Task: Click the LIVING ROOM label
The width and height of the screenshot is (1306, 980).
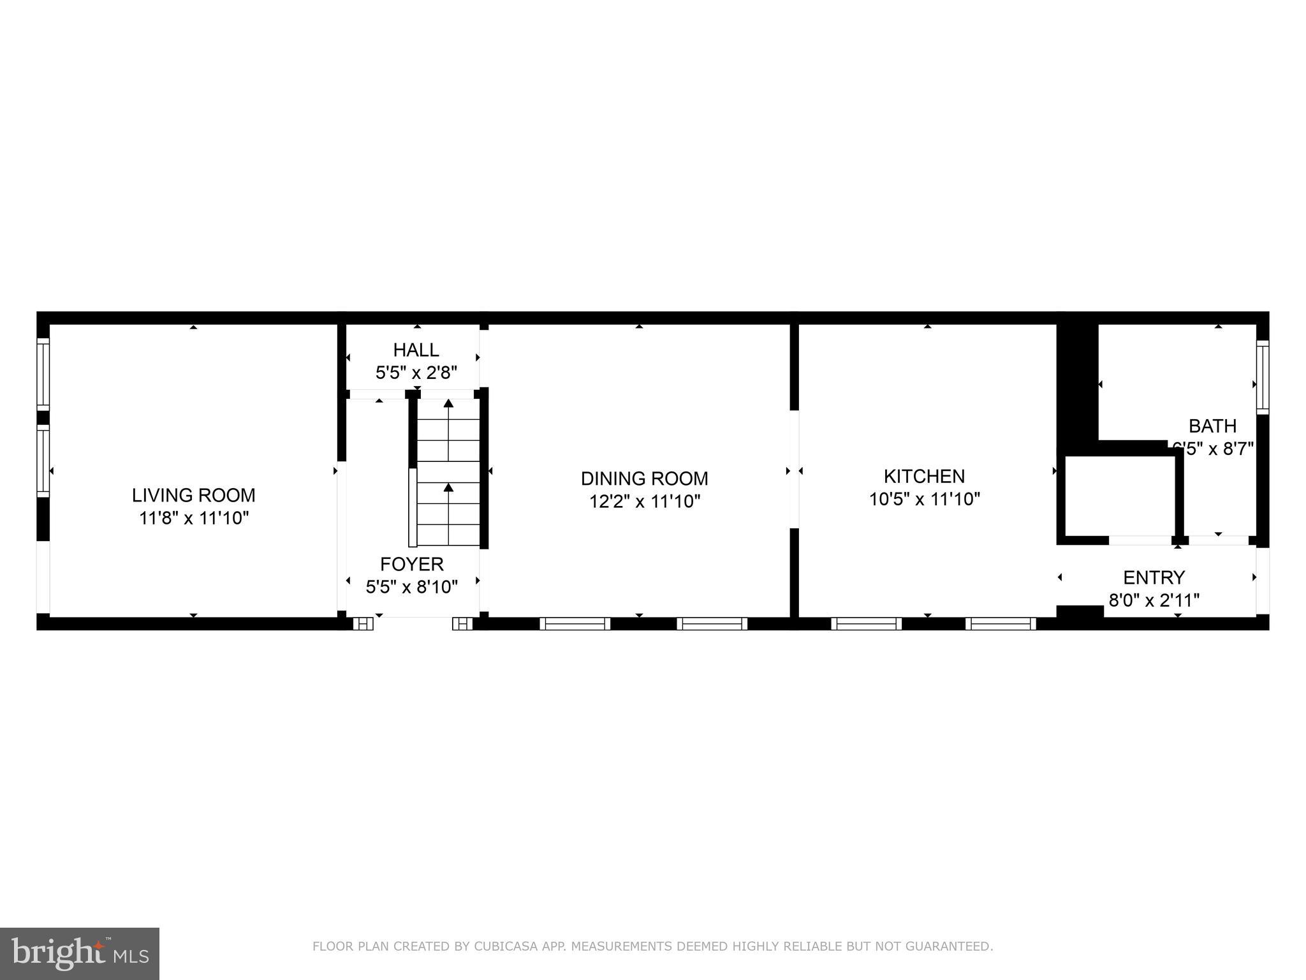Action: [x=193, y=495]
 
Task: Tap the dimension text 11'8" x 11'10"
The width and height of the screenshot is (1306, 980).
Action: [x=193, y=518]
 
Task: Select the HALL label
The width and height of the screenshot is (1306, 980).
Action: [x=416, y=350]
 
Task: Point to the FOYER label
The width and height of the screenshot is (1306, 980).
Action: [x=412, y=564]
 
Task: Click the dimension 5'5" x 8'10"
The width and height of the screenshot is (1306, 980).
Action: [x=412, y=587]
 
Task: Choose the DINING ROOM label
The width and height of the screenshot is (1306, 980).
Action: [x=644, y=479]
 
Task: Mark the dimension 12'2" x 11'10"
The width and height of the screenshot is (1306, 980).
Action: [x=644, y=501]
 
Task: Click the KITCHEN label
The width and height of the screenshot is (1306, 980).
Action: [x=924, y=476]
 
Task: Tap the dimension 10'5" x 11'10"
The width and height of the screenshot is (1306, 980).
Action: [x=924, y=499]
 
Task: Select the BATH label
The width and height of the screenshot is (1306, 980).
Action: [x=1212, y=426]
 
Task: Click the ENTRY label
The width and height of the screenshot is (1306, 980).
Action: [x=1154, y=577]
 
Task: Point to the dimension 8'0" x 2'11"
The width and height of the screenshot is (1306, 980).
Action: [x=1154, y=600]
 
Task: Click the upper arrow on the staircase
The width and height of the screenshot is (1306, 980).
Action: [x=448, y=404]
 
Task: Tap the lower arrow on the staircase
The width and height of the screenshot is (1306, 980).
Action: [x=448, y=488]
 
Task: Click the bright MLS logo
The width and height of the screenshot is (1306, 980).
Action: [x=80, y=953]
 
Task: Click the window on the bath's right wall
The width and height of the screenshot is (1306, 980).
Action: [x=1262, y=377]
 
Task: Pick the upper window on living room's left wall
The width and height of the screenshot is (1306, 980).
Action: [x=43, y=374]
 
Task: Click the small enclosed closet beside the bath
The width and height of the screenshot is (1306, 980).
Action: [x=1119, y=496]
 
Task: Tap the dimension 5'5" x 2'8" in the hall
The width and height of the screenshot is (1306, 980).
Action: [x=416, y=373]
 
